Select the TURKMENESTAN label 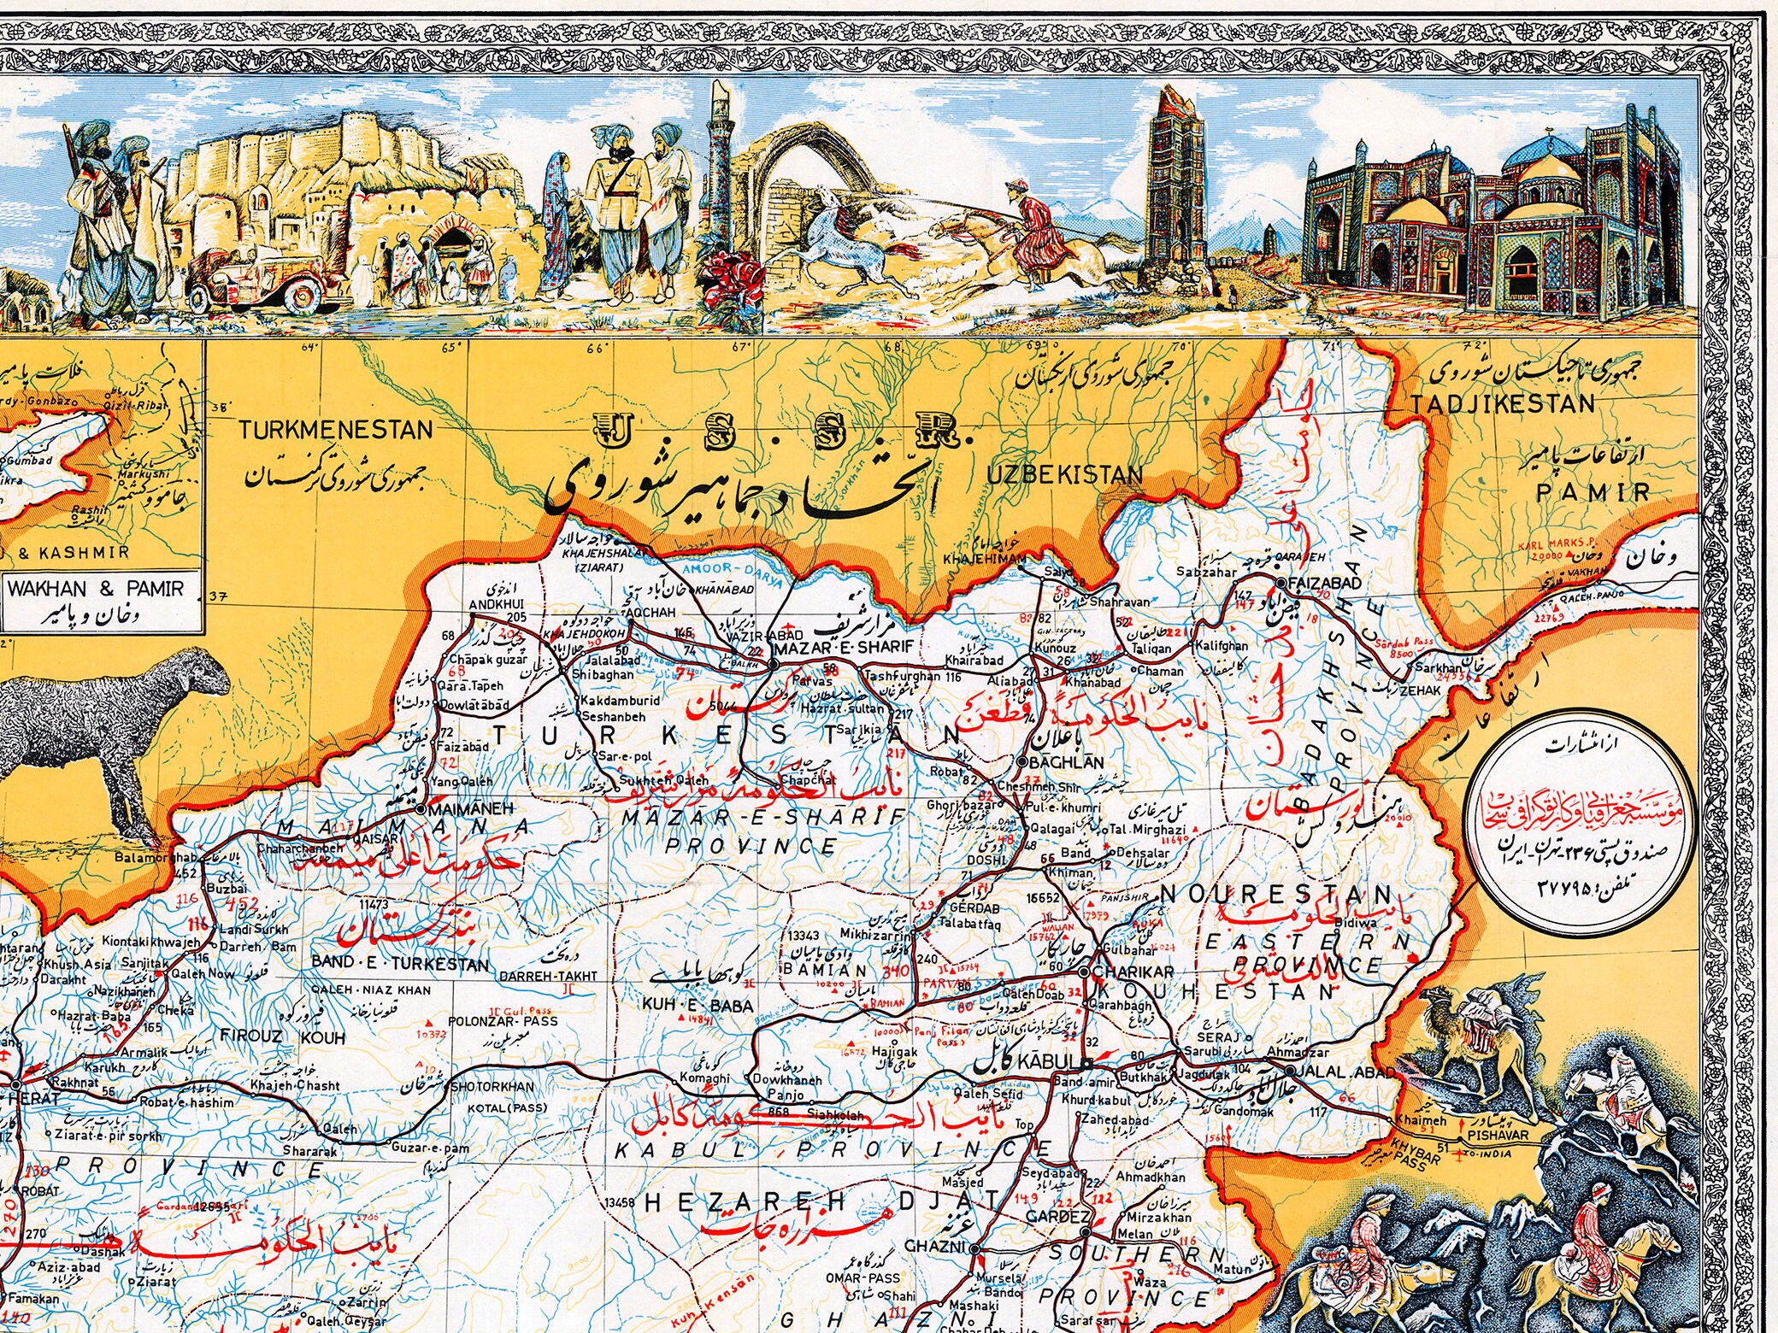(335, 430)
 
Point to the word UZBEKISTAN (1064, 475)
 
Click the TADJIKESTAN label (1503, 404)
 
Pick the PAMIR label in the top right (1593, 493)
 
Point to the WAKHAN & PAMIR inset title (95, 589)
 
